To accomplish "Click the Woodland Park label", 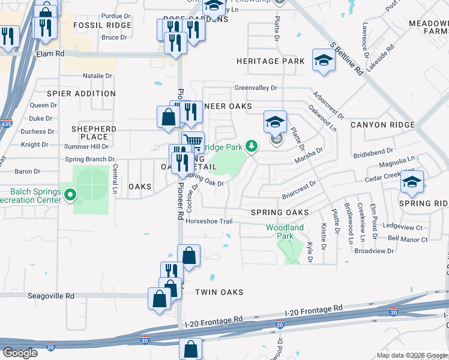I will tap(285, 232).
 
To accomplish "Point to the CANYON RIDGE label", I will tap(382, 125).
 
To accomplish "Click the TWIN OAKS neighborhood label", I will tap(219, 292).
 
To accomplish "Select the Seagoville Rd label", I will tap(53, 296).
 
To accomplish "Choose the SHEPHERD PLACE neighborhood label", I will tap(94, 133).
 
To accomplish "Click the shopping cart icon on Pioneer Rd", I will tap(193, 142).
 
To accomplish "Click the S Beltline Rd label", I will tap(347, 58).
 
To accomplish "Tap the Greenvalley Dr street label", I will tap(256, 88).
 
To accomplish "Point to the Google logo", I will tap(20, 353).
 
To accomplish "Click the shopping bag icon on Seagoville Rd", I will tap(159, 298).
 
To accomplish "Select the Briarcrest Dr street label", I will tap(299, 191).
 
